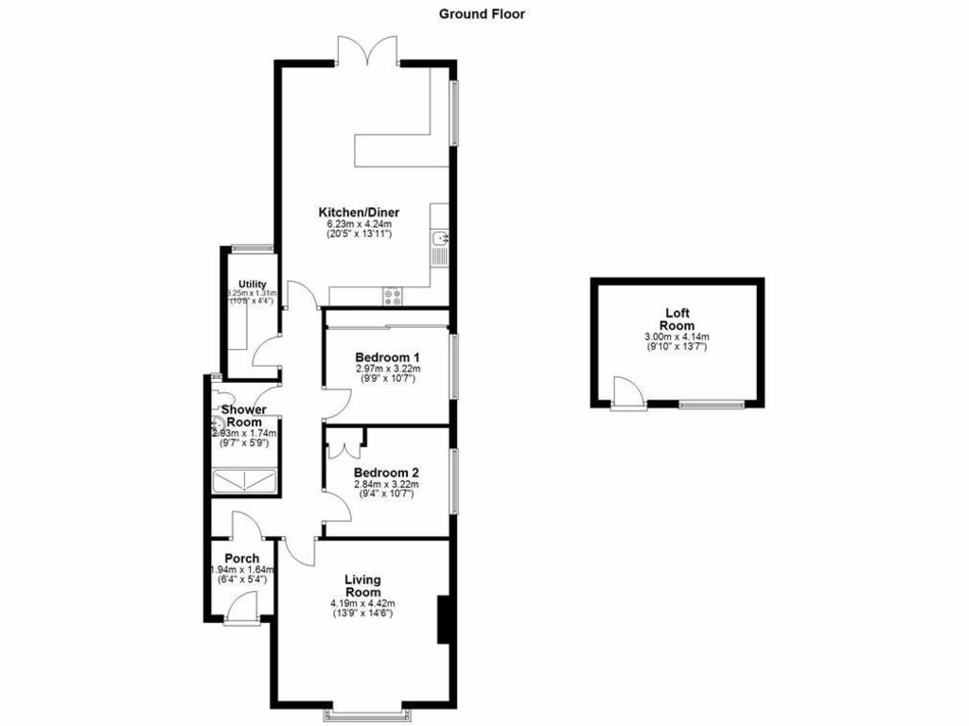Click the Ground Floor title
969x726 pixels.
[482, 14]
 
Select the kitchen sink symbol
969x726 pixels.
[440, 245]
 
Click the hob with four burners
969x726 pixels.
[393, 296]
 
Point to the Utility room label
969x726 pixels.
[252, 284]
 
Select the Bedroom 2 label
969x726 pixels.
[386, 473]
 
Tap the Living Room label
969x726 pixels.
[362, 585]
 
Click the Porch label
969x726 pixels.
[242, 558]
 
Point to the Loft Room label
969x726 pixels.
[677, 319]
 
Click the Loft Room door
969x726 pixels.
[625, 394]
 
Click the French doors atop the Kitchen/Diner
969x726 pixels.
[368, 50]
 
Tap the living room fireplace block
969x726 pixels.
[442, 621]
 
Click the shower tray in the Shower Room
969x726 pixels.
[246, 483]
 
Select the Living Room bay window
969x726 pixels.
[368, 709]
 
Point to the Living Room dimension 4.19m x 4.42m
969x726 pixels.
[362, 603]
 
